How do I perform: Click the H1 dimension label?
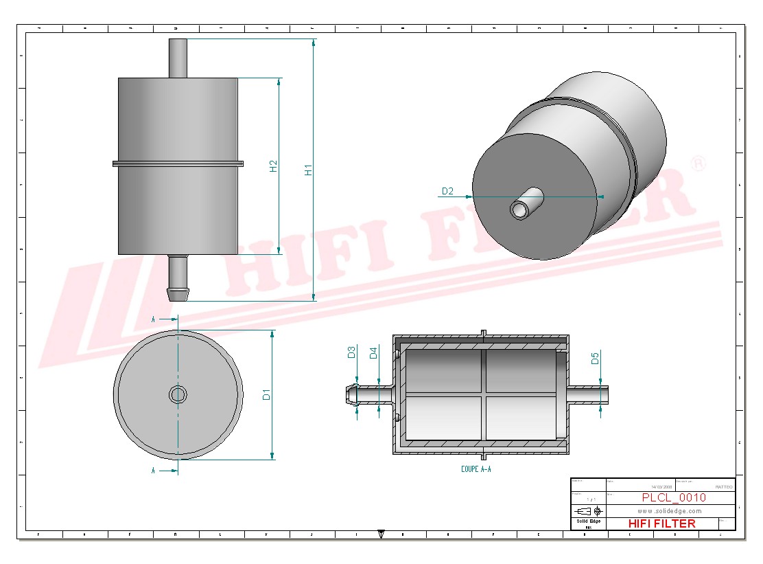tap(309, 169)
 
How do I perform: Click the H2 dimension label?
tap(273, 166)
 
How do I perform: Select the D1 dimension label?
tap(267, 394)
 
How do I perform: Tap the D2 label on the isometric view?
tap(447, 191)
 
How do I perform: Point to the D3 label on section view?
tap(351, 352)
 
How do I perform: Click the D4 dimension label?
tap(373, 353)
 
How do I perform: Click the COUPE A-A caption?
tap(476, 469)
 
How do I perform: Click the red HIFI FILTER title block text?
tap(661, 523)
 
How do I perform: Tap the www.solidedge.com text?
tap(669, 511)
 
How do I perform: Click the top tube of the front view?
tap(178, 58)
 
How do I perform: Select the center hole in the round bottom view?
tap(178, 394)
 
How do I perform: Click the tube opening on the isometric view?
tap(519, 210)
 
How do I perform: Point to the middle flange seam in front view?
tap(178, 163)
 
